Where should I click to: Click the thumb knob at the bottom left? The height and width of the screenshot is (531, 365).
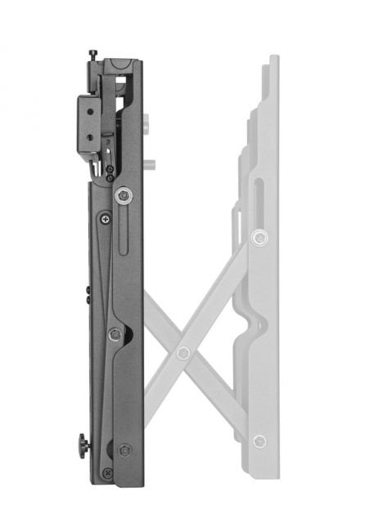(83, 446)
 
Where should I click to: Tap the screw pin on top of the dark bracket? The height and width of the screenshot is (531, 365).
(93, 55)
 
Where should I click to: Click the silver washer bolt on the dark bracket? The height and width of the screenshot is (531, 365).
(124, 194)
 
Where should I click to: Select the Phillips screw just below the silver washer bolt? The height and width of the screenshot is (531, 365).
(106, 218)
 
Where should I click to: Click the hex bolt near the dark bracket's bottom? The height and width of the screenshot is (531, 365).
(124, 450)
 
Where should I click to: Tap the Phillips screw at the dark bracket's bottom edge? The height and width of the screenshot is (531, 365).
(106, 473)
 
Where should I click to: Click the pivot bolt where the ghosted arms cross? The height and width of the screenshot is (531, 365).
(183, 353)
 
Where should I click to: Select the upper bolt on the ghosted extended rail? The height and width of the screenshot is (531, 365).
(260, 238)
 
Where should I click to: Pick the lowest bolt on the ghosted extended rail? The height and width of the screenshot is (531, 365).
(259, 441)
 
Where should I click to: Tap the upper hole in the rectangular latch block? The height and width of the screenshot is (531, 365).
(87, 105)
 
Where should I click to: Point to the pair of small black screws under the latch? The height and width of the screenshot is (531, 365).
(110, 172)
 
